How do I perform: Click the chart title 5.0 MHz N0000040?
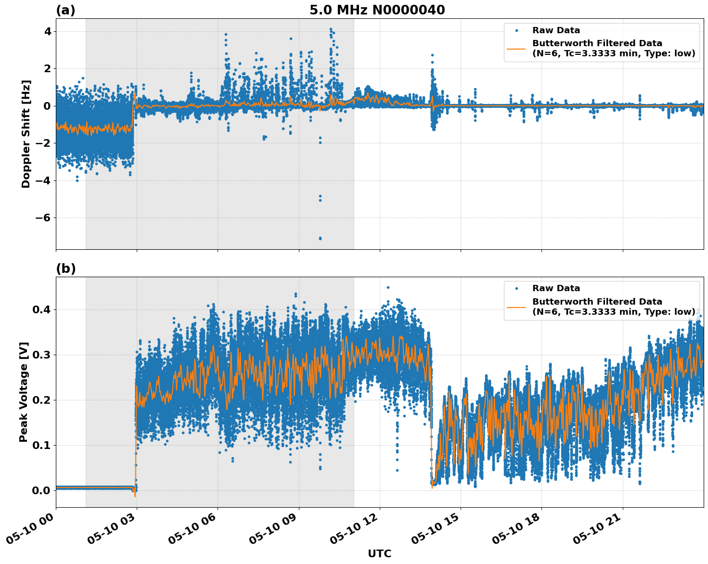377,10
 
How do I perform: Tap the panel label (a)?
65,10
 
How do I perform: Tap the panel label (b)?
65,269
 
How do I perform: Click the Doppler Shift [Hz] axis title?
26,134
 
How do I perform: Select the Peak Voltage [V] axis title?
24,392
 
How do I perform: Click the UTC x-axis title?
379,553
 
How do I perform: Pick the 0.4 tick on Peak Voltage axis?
41,309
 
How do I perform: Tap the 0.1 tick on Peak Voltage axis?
41,445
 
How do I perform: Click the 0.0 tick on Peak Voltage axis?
41,490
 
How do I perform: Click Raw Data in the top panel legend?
556,30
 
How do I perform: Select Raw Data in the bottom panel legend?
556,288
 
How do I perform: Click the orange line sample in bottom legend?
516,307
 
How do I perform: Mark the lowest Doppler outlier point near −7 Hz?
320,238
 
